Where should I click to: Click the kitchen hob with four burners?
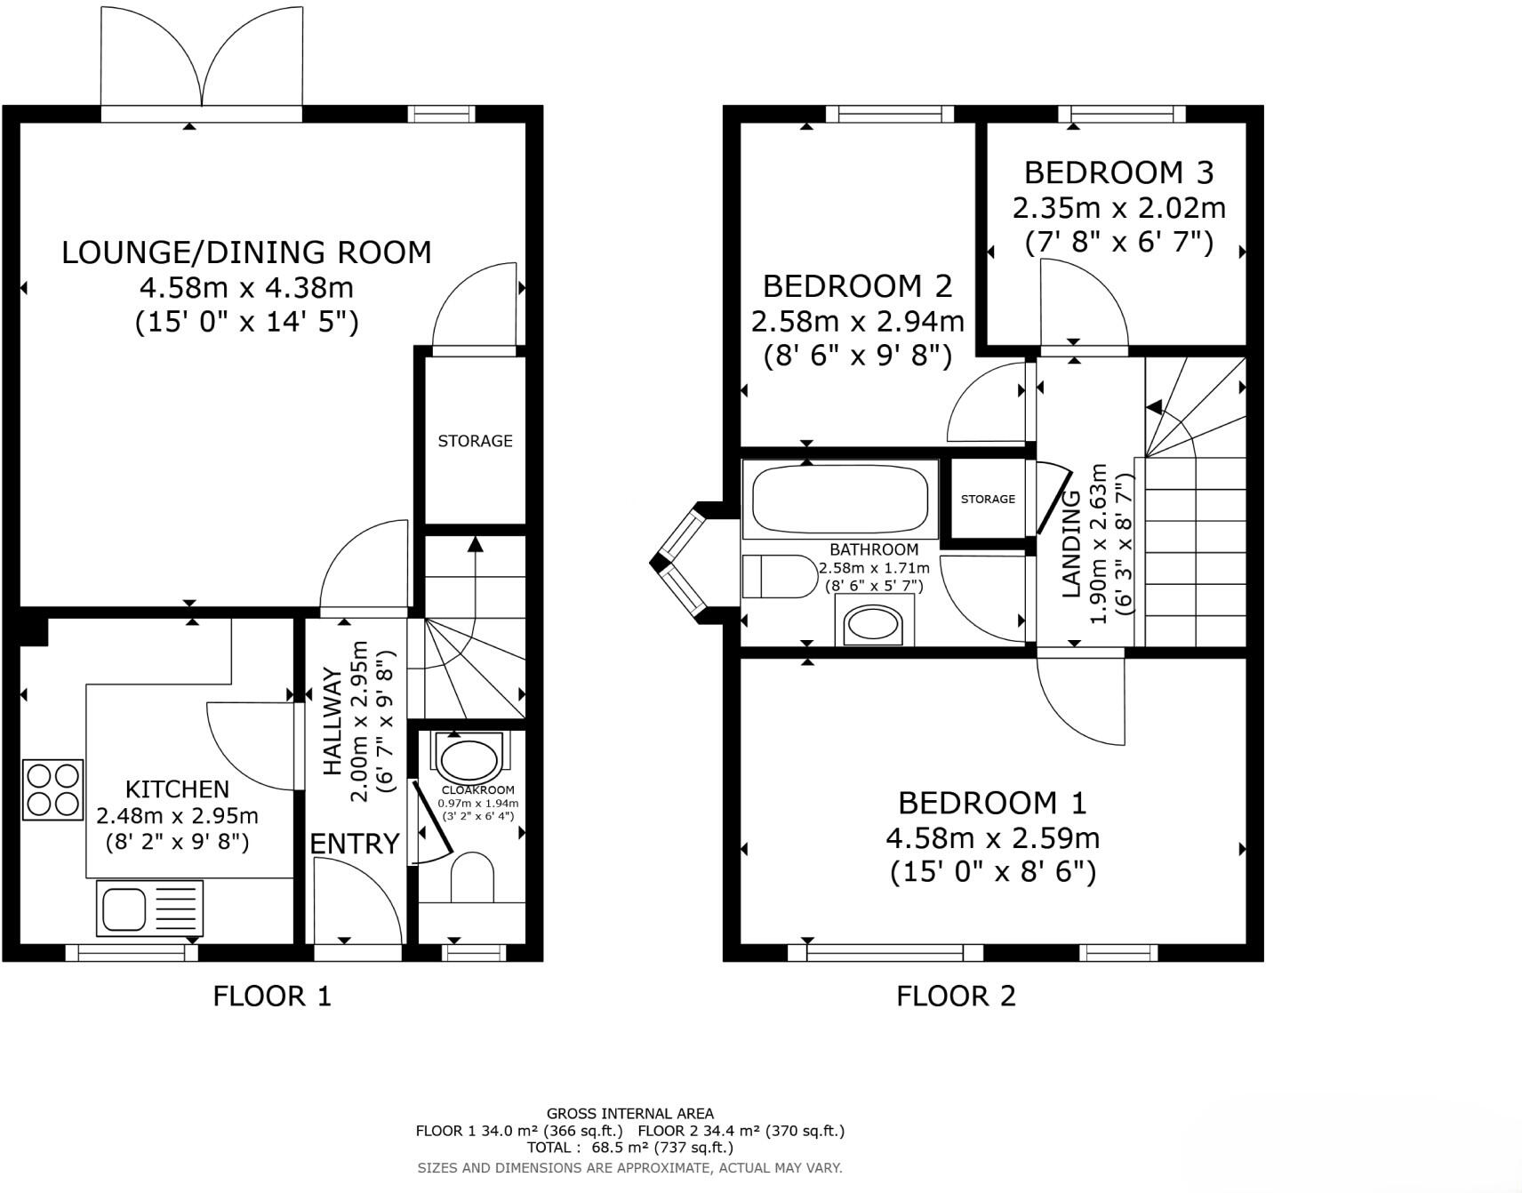(52, 789)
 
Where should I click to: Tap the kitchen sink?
(149, 908)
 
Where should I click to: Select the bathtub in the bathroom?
(840, 500)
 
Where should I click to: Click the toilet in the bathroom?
(780, 577)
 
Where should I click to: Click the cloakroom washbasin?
(469, 758)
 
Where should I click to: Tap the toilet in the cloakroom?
(472, 877)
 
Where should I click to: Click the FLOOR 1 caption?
(272, 996)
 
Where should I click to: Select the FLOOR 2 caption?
(956, 996)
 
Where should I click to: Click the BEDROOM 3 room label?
(1118, 172)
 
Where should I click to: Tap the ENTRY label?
(355, 844)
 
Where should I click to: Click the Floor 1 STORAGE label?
(475, 441)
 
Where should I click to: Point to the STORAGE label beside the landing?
(988, 499)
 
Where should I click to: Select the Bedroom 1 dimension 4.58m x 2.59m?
(993, 837)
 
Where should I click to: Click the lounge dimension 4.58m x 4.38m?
(246, 287)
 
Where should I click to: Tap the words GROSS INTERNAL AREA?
(630, 1113)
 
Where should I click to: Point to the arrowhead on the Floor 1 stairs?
(476, 544)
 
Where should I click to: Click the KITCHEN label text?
(177, 789)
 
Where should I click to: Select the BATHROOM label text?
(874, 549)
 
